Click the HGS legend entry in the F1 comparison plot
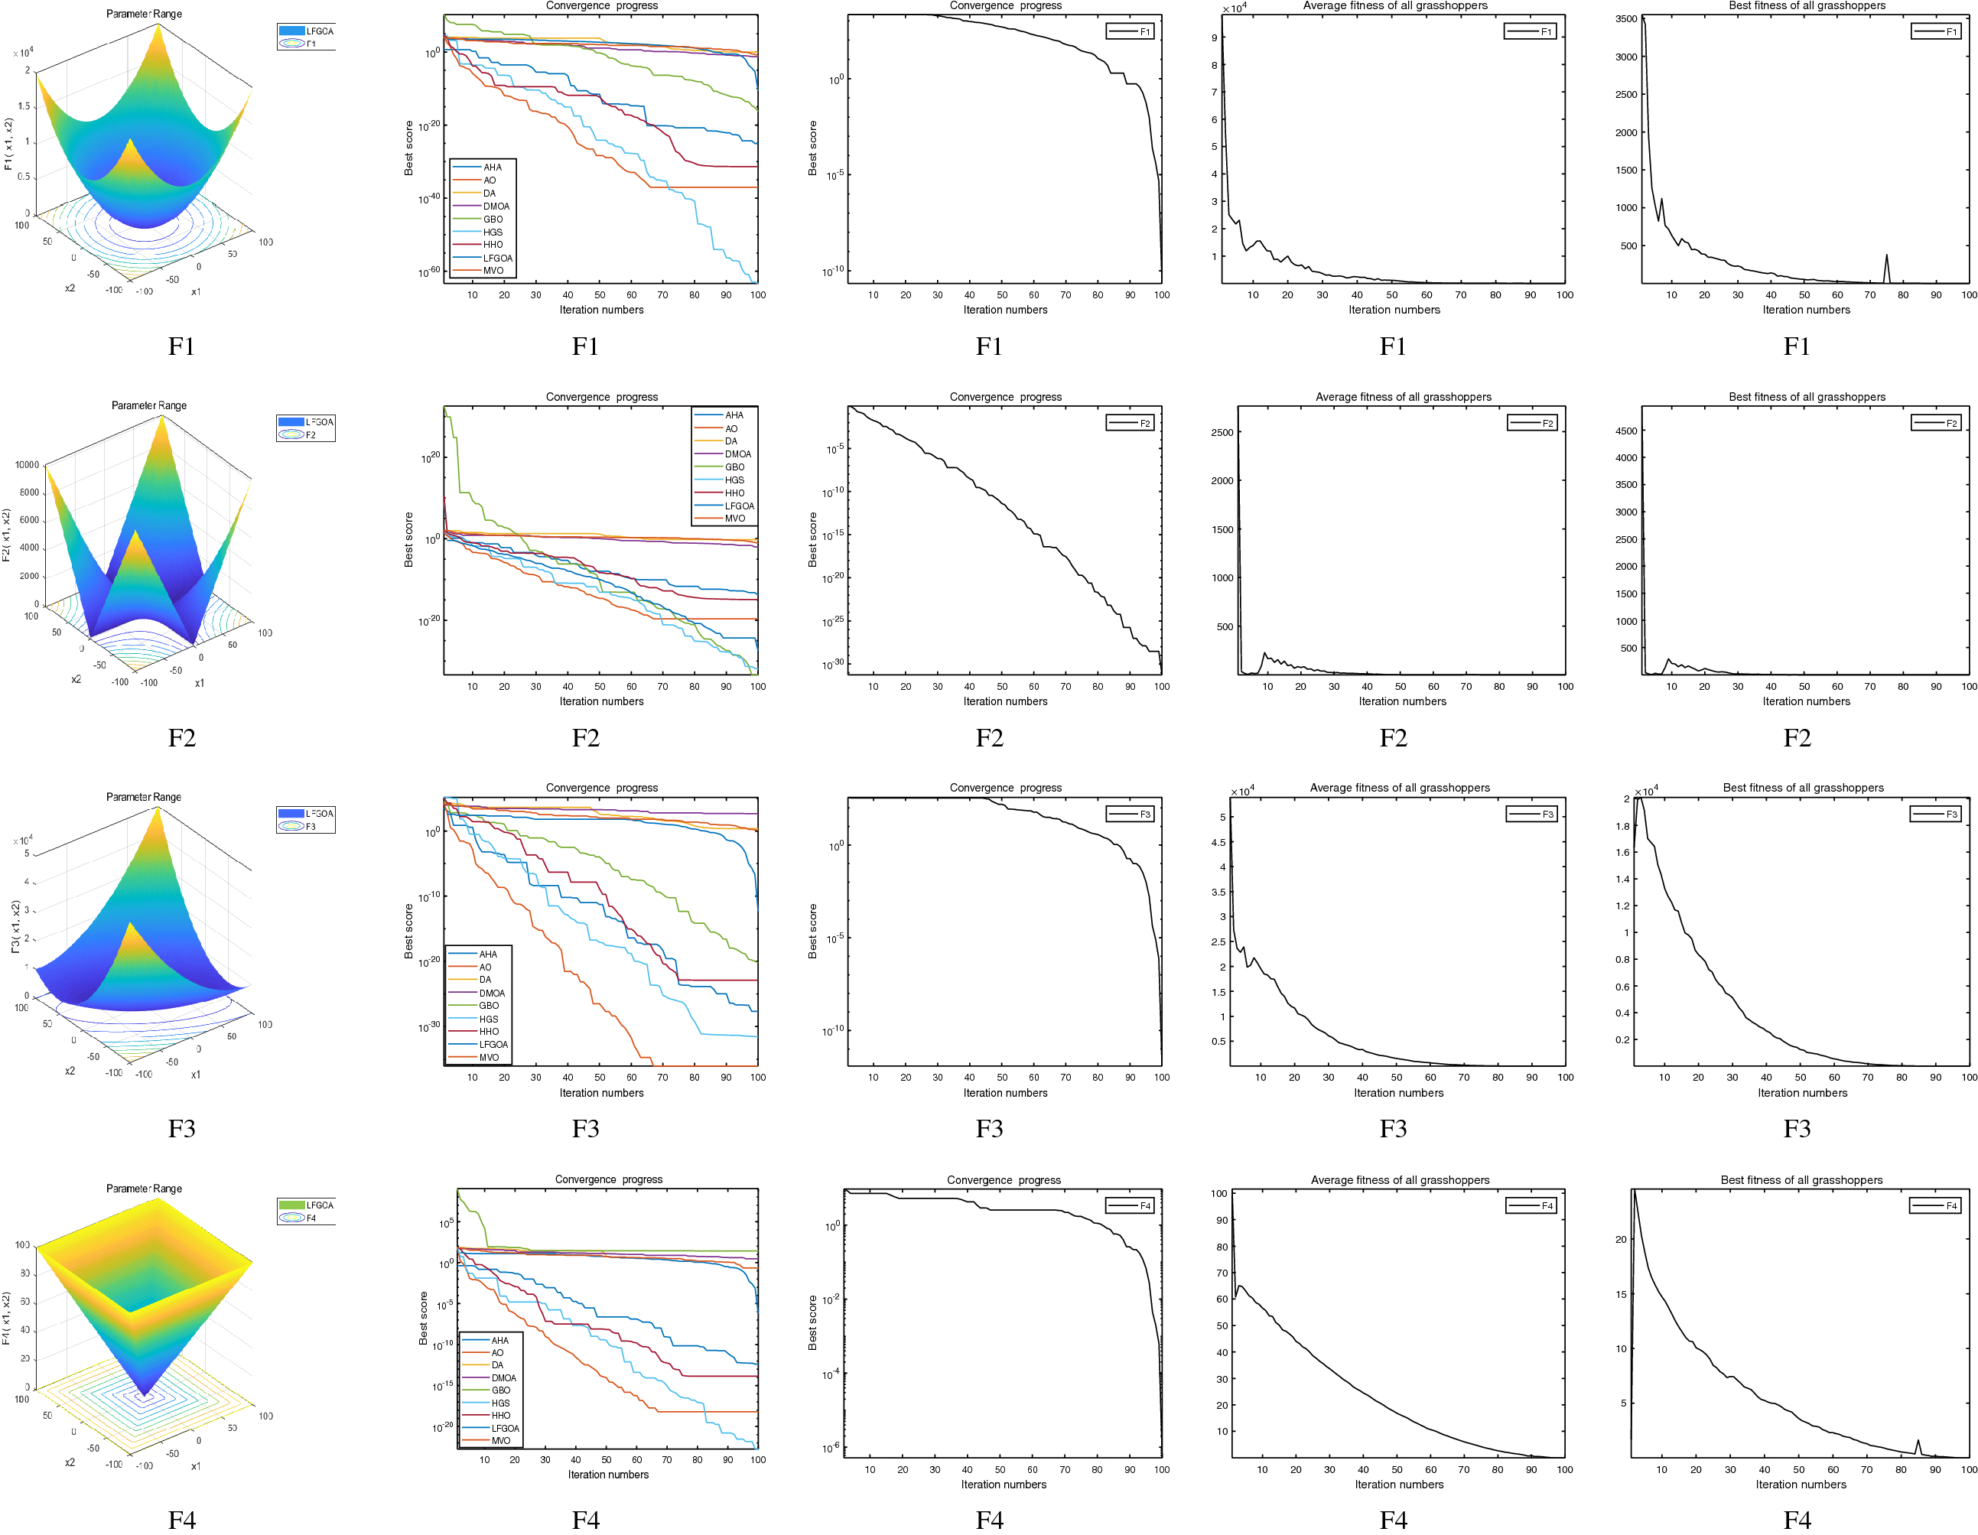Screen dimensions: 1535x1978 [x=492, y=233]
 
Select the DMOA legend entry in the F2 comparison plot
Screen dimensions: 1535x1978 [x=737, y=454]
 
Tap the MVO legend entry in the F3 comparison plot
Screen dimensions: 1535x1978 [x=488, y=1058]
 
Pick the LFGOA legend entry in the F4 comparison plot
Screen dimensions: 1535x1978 [x=505, y=1428]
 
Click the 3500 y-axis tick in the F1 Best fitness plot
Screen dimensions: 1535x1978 [x=1625, y=19]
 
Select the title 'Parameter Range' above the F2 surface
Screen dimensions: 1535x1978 [x=148, y=405]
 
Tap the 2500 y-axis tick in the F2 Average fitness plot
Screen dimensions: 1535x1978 [x=1222, y=433]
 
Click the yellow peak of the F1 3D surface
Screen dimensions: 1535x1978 [x=158, y=28]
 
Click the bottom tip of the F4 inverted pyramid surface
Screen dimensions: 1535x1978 [x=145, y=1394]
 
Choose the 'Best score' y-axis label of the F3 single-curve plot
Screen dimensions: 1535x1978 [x=812, y=931]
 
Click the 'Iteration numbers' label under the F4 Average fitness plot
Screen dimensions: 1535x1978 [x=1398, y=1485]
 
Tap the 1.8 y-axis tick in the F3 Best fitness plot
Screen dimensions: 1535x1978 [x=1621, y=826]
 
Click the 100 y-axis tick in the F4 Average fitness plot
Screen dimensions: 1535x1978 [x=1219, y=1194]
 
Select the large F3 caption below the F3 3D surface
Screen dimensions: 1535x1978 [x=181, y=1128]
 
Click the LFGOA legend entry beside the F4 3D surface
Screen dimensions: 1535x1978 [x=319, y=1205]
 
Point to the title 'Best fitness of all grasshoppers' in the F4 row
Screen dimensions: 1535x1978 [x=1801, y=1180]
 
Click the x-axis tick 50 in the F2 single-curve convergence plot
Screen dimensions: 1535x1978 [x=1002, y=687]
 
